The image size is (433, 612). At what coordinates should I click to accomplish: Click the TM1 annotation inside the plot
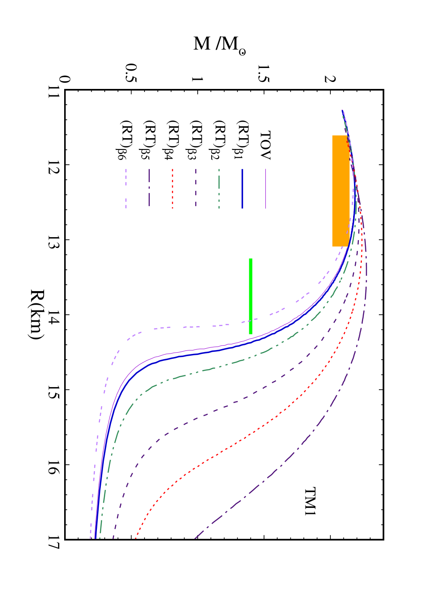310,501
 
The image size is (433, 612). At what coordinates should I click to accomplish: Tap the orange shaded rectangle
341,190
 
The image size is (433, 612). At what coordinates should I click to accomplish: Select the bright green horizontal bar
251,296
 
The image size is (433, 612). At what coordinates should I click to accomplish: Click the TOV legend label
265,145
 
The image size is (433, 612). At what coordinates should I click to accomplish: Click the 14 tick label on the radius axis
53,314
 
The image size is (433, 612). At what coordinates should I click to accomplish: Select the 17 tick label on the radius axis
53,539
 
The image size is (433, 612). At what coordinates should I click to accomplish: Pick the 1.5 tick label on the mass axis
264,74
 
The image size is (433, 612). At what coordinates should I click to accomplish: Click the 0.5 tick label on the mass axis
131,74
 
